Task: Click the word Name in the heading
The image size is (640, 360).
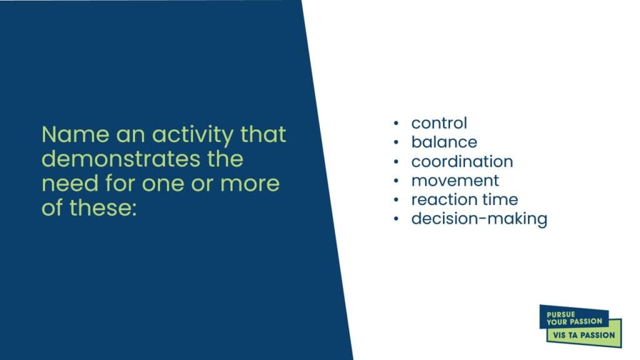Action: (x=76, y=134)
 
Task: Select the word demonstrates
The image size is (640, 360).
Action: (x=121, y=159)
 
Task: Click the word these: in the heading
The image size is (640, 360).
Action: (x=102, y=207)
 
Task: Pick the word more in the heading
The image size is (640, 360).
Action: (x=250, y=184)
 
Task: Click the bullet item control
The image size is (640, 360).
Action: (x=439, y=123)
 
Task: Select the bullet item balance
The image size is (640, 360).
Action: (x=444, y=142)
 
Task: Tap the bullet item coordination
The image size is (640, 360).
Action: (x=462, y=161)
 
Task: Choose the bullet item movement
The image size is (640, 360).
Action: (x=455, y=181)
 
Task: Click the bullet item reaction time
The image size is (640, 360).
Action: (x=464, y=199)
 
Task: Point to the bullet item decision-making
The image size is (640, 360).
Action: (x=479, y=219)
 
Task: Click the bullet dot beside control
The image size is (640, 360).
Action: (x=396, y=123)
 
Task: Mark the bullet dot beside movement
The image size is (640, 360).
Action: (x=396, y=181)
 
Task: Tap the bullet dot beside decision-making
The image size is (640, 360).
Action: (x=396, y=219)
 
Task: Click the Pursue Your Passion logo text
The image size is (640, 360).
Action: (x=574, y=318)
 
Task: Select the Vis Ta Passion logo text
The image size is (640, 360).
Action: (x=584, y=335)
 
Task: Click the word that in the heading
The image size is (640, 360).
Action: (x=263, y=134)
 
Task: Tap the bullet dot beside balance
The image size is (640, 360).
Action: (x=396, y=142)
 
